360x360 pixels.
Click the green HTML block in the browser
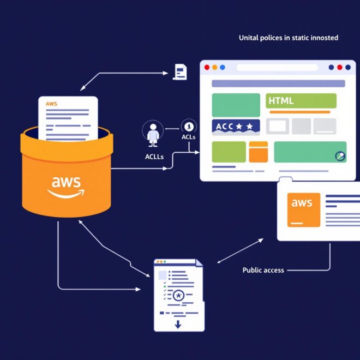point(301,101)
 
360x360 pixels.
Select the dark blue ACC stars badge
point(236,127)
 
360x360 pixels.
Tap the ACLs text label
point(189,137)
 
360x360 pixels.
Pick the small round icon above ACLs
point(189,125)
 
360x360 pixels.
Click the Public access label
point(263,270)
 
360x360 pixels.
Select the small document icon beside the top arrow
point(179,71)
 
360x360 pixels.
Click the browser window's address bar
point(277,68)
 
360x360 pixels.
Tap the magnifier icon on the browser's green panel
point(339,156)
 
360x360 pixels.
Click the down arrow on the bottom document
point(177,325)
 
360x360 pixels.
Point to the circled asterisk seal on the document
point(178,296)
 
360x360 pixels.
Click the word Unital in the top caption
point(248,38)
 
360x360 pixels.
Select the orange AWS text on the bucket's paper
point(51,104)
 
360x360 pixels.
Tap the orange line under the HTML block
point(299,112)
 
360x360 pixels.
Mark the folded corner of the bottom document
point(199,263)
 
